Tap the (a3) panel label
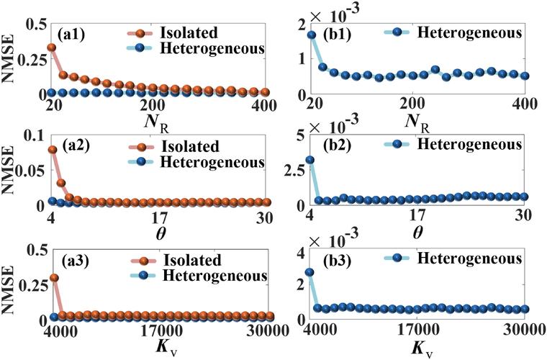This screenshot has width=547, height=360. [71, 260]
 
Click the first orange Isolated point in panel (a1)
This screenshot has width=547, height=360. [52, 48]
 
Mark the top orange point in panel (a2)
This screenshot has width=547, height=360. [52, 150]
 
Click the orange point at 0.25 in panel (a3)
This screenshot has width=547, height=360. [52, 278]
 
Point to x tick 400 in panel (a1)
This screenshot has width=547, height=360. [254, 105]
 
